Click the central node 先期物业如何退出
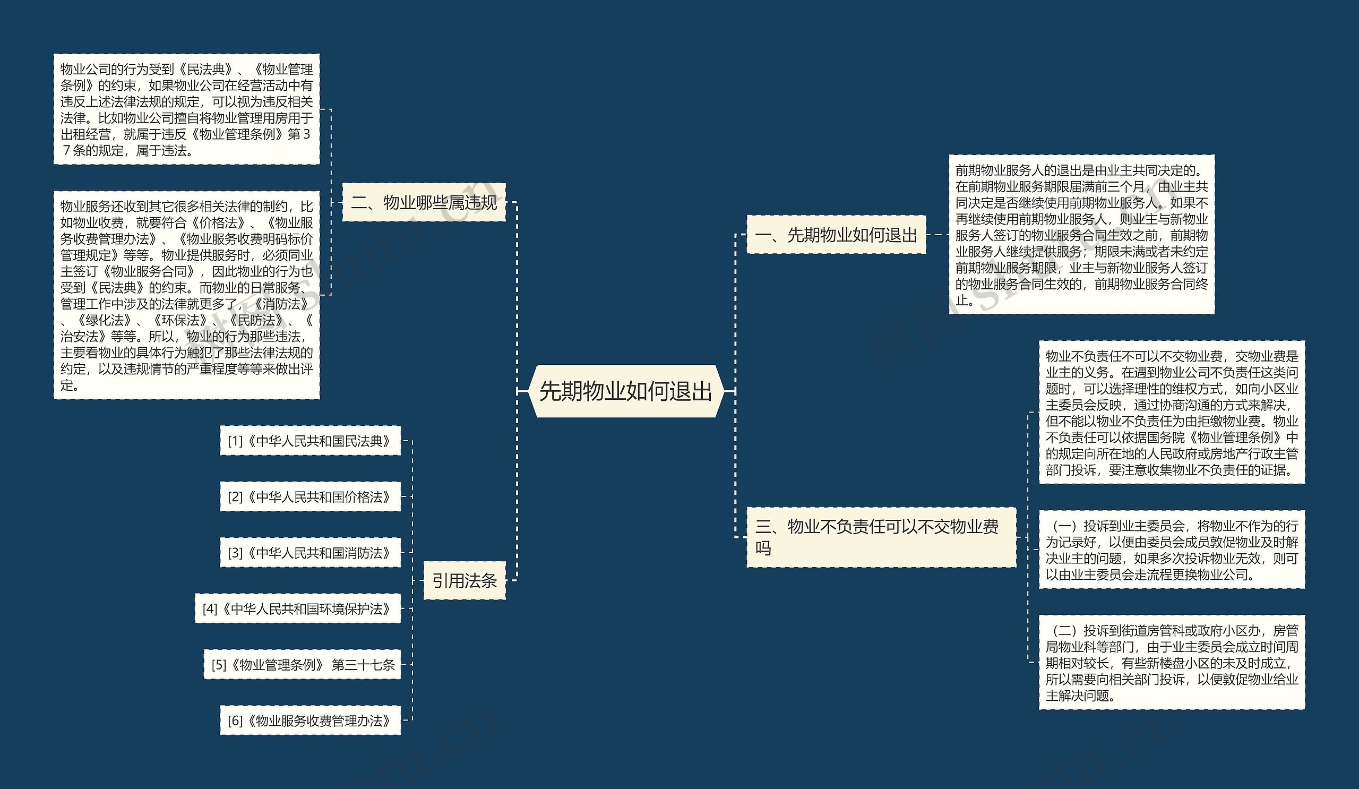coord(625,391)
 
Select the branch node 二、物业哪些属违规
coord(424,202)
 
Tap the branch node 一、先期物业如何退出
coord(836,235)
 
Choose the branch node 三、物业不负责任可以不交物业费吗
coord(881,537)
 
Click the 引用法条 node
coord(465,580)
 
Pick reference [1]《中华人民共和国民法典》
coord(310,441)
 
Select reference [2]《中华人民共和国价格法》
coord(310,496)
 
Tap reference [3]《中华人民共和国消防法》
coord(310,553)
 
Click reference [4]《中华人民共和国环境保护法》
coord(298,609)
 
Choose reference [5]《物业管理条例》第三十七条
coord(302,664)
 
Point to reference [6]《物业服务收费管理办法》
coord(310,721)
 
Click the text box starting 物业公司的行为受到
coord(186,109)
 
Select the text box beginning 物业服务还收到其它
coord(186,295)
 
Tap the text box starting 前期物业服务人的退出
coord(1081,235)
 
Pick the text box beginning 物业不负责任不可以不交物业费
coord(1171,412)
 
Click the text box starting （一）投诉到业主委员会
coord(1171,550)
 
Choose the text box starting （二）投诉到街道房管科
coord(1171,662)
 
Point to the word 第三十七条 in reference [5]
coord(364,664)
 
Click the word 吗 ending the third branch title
coord(763,548)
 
